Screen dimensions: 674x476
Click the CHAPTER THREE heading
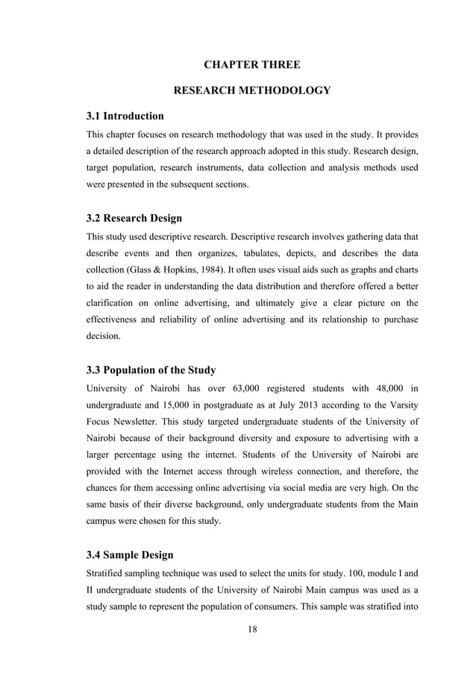[x=252, y=65]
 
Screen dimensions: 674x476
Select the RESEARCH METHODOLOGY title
[x=252, y=91]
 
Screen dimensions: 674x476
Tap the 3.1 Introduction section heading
[x=125, y=116]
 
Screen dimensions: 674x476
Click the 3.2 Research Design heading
[x=134, y=219]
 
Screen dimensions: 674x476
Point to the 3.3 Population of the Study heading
[x=151, y=369]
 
